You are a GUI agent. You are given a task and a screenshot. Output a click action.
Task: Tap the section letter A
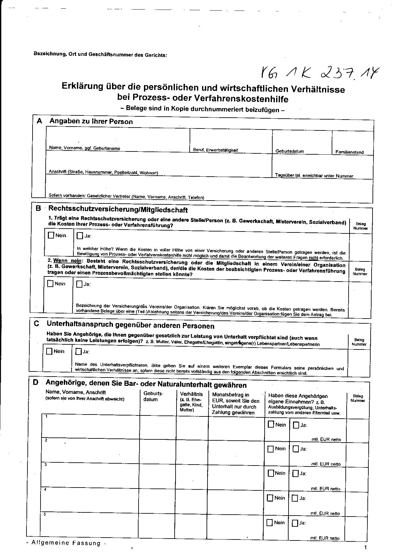coord(40,121)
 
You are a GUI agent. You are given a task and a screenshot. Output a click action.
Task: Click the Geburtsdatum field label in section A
coord(290,151)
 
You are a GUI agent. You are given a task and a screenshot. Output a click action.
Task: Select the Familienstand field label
coord(349,152)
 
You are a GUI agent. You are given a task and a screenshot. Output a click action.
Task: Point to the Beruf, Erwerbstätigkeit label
coord(215,150)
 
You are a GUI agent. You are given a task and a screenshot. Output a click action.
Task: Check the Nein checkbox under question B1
coord(51,236)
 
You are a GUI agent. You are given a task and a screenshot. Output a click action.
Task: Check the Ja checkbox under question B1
coord(80,236)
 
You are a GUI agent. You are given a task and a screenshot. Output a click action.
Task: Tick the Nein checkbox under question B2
coord(50,284)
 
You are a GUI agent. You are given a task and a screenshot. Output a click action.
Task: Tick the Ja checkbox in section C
coord(79,352)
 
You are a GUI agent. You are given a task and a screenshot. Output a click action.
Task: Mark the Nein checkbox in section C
coord(49,351)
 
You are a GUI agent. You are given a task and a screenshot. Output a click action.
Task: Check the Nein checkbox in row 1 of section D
coord(271,424)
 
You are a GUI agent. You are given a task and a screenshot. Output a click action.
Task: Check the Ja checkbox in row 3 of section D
coord(296,474)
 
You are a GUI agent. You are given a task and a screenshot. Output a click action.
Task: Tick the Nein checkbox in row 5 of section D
coord(270,523)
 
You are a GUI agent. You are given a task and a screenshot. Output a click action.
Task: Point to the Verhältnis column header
coord(192,394)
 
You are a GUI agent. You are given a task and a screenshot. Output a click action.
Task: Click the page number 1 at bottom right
coord(365,547)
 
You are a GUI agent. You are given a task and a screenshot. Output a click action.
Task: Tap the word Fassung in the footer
coord(87,543)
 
